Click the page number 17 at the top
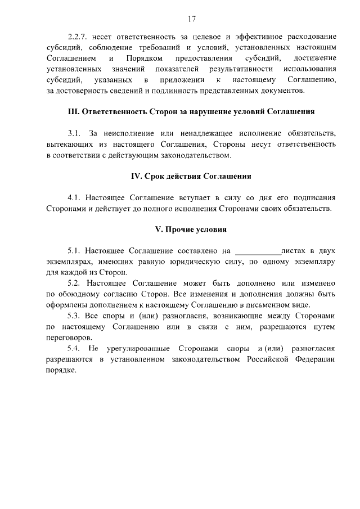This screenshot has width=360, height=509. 191,20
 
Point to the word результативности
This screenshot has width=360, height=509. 239,69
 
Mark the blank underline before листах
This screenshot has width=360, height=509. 256,251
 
